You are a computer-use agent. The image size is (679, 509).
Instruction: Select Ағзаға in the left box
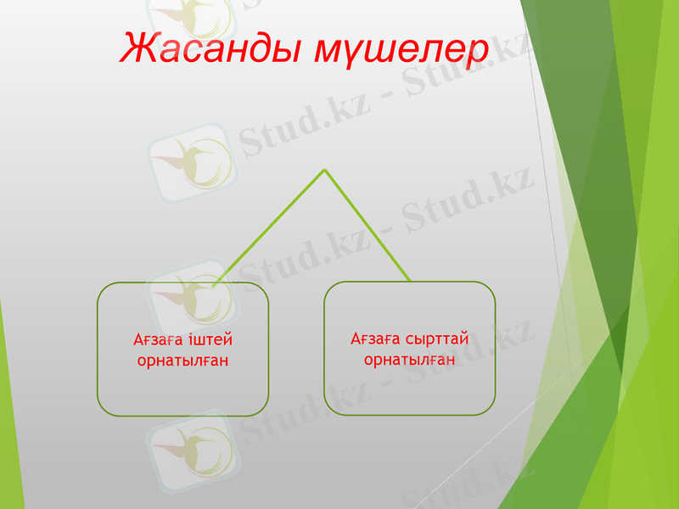[156, 340]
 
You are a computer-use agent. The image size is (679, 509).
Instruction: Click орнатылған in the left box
[182, 360]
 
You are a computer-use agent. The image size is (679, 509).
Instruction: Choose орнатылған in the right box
[410, 360]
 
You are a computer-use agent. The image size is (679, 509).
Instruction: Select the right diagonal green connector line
[367, 225]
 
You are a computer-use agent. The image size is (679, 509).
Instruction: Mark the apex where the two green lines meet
[324, 170]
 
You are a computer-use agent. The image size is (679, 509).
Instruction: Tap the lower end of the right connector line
[410, 281]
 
